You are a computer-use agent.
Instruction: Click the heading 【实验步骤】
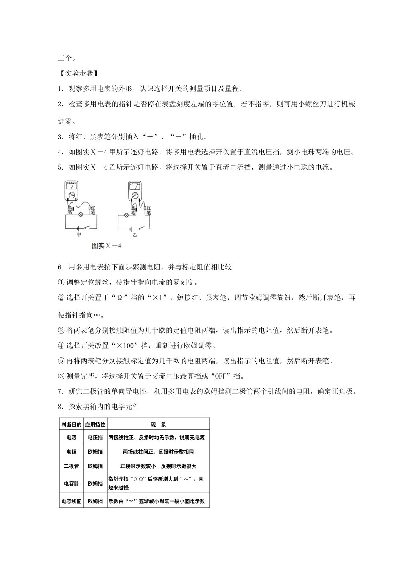78,73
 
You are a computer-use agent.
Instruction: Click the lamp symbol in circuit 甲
81,215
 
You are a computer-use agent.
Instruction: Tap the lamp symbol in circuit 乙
126,215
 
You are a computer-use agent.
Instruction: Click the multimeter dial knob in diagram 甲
71,195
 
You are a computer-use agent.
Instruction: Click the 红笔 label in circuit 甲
93,209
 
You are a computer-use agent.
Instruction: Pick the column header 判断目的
71,424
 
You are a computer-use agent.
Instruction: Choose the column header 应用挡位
95,424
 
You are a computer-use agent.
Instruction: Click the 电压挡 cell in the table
95,438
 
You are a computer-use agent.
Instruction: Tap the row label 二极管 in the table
71,466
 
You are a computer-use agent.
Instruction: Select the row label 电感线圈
71,501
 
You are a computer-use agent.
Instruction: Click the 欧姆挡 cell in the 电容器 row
95,483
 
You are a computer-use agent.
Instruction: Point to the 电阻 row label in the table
71,452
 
